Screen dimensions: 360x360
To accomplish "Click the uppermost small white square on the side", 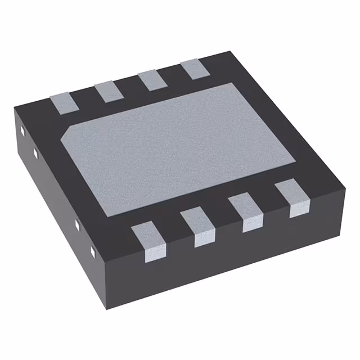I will pos(21,132).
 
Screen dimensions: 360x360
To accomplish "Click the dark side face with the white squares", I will pos(56,208).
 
